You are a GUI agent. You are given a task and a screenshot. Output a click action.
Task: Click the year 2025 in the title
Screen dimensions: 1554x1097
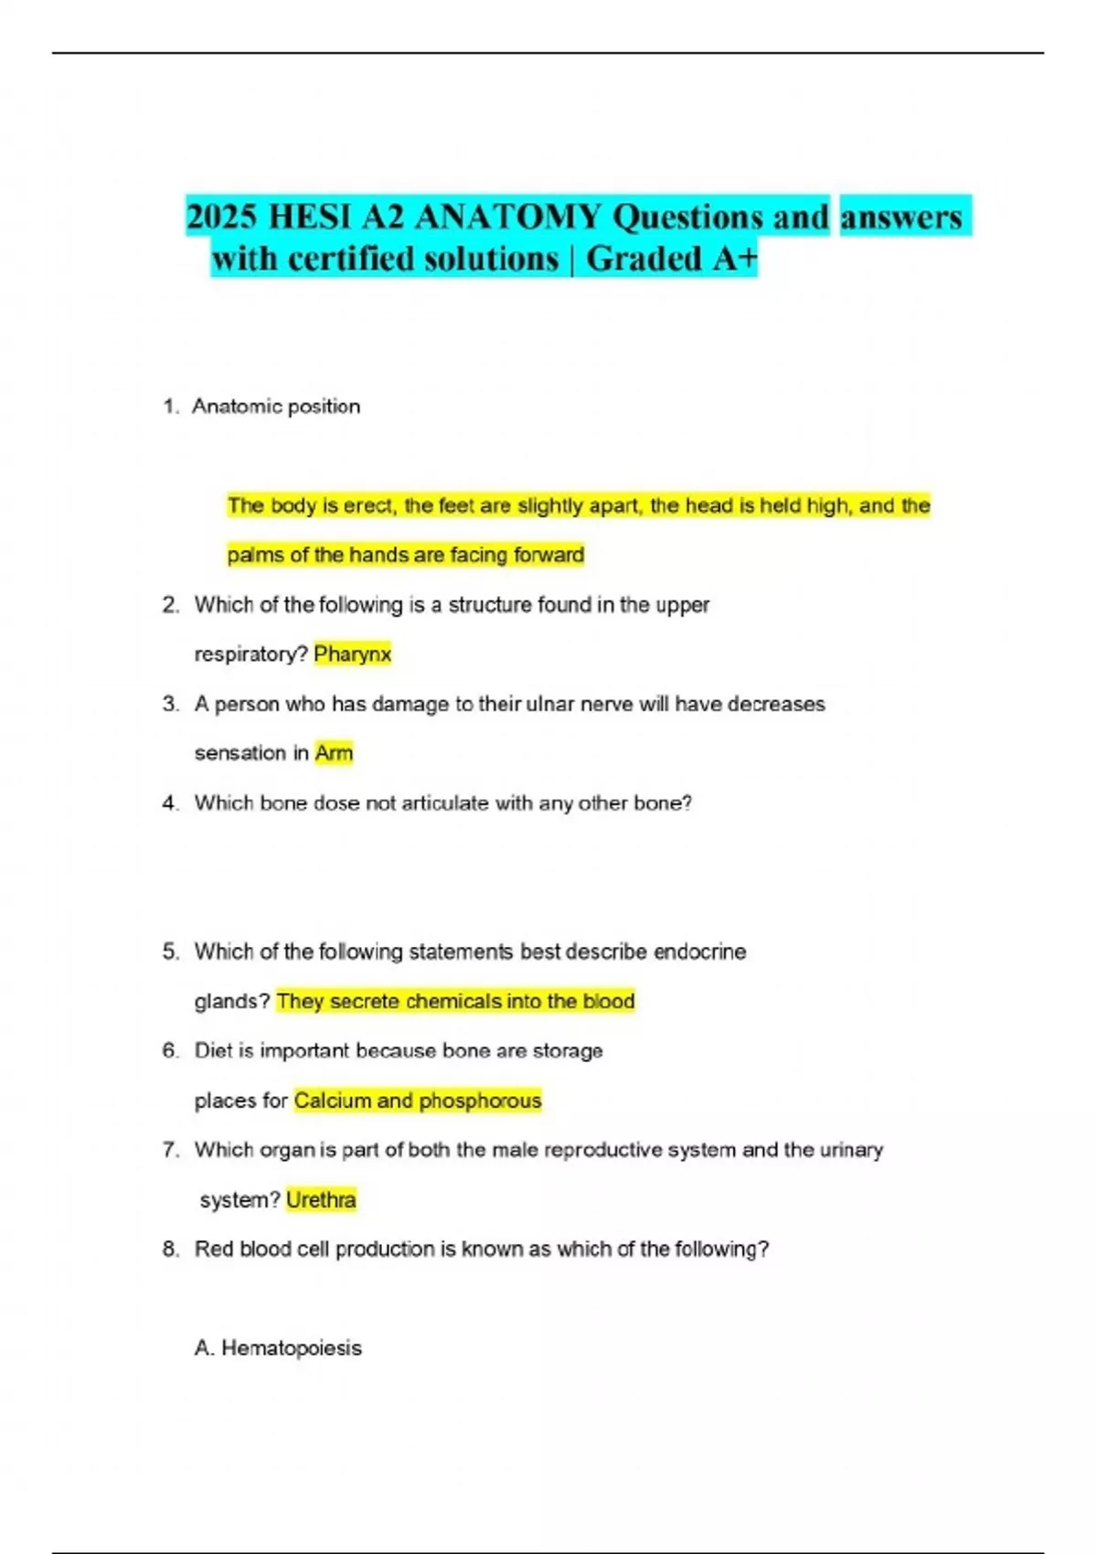pyautogui.click(x=222, y=217)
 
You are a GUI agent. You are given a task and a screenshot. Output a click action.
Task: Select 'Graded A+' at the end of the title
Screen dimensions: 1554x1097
pyautogui.click(x=671, y=259)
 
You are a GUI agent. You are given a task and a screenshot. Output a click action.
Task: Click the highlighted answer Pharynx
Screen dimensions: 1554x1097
pyautogui.click(x=352, y=654)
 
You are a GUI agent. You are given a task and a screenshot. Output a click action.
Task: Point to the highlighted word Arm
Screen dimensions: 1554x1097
pyautogui.click(x=334, y=752)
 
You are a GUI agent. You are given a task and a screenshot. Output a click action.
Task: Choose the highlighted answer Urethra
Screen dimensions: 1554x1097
pyautogui.click(x=321, y=1199)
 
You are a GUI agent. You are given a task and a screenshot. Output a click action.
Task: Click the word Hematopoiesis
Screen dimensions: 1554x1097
pyautogui.click(x=292, y=1347)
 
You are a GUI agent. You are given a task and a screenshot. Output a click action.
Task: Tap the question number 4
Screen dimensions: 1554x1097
pyautogui.click(x=170, y=803)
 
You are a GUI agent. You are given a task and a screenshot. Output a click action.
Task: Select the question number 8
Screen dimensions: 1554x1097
pyautogui.click(x=170, y=1249)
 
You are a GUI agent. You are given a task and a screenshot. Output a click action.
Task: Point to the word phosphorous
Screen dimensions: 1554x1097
pyautogui.click(x=480, y=1101)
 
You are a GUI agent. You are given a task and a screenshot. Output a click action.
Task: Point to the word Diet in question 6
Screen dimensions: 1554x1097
pyautogui.click(x=214, y=1050)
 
